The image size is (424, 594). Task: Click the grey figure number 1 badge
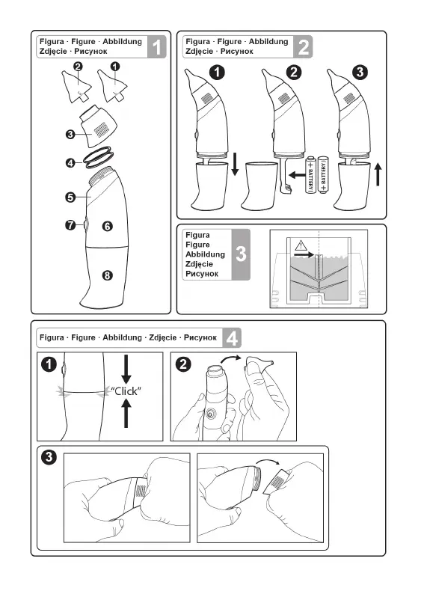click(x=157, y=47)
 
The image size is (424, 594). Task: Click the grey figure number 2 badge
click(x=304, y=47)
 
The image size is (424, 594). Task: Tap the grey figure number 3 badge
click(x=241, y=254)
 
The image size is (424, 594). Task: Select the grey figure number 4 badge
click(x=232, y=337)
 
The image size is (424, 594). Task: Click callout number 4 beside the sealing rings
click(x=70, y=163)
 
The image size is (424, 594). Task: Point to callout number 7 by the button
click(x=70, y=225)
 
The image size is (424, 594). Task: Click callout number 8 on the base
click(x=108, y=275)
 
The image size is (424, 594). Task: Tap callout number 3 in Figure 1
click(x=70, y=134)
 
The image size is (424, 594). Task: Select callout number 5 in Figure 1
click(x=70, y=197)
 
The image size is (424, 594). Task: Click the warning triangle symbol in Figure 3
click(x=301, y=245)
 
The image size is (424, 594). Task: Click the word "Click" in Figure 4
click(x=126, y=391)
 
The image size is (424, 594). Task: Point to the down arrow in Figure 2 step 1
click(x=235, y=164)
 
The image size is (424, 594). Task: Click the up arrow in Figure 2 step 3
click(x=378, y=174)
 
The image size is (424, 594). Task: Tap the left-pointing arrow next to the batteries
click(x=296, y=175)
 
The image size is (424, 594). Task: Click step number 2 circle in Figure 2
click(x=294, y=72)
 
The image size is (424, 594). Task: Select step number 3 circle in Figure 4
click(x=49, y=457)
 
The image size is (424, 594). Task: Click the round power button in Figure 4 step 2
click(x=209, y=414)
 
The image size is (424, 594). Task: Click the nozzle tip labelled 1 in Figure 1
click(x=112, y=86)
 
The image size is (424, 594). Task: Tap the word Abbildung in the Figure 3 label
click(x=205, y=254)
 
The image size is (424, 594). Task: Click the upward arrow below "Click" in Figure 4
click(x=126, y=414)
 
